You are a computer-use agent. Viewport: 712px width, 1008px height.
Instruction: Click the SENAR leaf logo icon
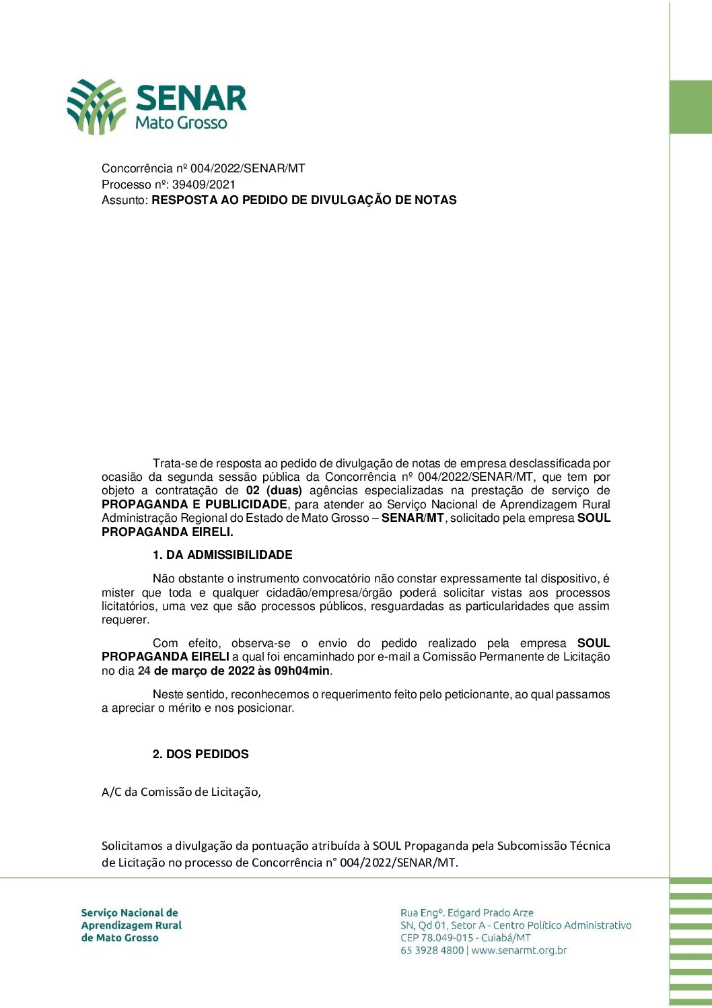click(x=96, y=106)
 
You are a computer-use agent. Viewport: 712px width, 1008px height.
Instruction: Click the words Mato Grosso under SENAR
click(x=181, y=123)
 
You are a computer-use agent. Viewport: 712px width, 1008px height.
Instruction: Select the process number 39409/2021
click(x=204, y=184)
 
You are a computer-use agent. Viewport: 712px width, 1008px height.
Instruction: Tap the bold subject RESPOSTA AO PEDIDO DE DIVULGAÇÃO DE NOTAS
click(x=304, y=200)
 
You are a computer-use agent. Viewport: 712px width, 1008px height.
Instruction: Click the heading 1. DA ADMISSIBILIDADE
click(x=222, y=555)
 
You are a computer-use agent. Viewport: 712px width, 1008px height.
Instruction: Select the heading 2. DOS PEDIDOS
click(x=201, y=754)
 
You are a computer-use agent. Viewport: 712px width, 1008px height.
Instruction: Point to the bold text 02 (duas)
click(x=274, y=491)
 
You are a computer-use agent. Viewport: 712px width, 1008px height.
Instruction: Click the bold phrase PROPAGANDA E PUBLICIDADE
click(x=194, y=504)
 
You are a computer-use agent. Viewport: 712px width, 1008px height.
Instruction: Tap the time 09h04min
click(x=302, y=671)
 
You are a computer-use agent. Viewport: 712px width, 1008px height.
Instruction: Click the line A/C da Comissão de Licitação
click(x=181, y=792)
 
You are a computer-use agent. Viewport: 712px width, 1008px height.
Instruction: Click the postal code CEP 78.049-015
click(x=437, y=938)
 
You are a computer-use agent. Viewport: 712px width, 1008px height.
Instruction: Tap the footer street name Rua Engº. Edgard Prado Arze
click(x=467, y=913)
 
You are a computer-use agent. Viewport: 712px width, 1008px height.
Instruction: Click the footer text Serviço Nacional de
click(x=129, y=913)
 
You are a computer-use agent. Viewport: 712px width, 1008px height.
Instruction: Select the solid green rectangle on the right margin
click(x=690, y=107)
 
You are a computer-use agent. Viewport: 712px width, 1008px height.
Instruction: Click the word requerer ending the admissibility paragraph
click(x=125, y=620)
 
